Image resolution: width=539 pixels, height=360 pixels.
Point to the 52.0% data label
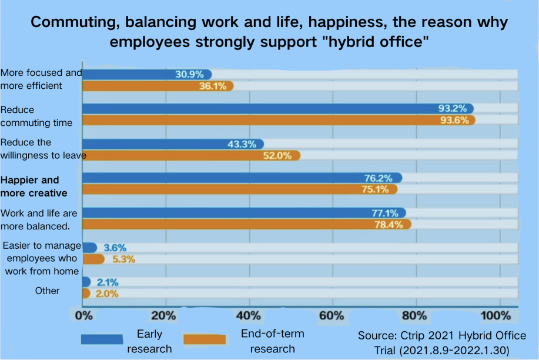[279, 155]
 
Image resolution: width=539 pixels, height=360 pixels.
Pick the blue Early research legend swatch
[102, 339]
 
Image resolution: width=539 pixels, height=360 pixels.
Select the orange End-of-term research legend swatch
[205, 339]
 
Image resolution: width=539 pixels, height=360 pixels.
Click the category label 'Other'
[47, 291]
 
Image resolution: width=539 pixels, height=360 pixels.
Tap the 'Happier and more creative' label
[34, 186]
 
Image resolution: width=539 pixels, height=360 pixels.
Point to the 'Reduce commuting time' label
[36, 116]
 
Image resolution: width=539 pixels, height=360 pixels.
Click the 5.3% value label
[119, 259]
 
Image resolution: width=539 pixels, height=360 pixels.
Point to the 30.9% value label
[189, 74]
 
